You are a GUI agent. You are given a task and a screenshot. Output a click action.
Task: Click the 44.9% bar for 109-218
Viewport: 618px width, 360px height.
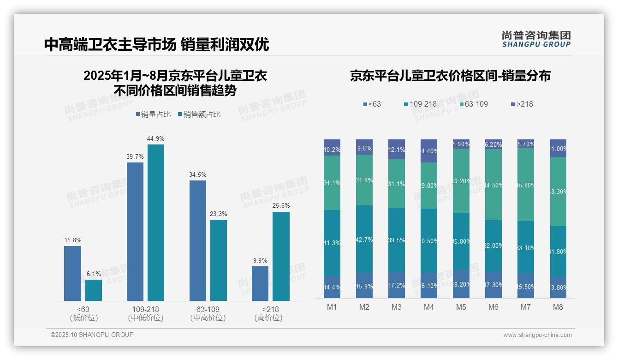pos(155,222)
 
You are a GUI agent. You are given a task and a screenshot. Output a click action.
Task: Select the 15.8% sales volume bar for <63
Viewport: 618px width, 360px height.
pos(72,273)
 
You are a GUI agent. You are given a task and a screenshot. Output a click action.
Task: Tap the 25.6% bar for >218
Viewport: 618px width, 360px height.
pos(281,256)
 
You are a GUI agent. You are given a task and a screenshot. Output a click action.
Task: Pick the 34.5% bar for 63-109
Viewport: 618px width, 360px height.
pos(198,240)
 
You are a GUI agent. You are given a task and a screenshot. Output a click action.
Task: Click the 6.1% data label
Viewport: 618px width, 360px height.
pos(94,274)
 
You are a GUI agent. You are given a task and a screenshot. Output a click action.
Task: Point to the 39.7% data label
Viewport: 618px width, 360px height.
pos(135,156)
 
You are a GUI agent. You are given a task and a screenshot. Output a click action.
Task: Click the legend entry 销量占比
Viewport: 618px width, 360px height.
pos(155,114)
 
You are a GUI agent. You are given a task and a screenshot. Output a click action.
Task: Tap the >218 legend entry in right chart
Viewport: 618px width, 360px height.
pos(521,104)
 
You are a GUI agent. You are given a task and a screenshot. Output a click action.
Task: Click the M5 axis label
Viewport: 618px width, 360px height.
pos(461,307)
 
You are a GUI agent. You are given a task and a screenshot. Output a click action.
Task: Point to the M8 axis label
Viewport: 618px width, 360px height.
pos(558,307)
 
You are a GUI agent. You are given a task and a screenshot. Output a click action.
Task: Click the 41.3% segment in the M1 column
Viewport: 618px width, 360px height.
pos(332,243)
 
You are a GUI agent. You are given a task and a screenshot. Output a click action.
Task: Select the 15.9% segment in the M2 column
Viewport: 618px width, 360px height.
pos(364,286)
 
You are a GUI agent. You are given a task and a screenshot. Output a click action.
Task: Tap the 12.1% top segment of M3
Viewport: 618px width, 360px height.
pos(397,149)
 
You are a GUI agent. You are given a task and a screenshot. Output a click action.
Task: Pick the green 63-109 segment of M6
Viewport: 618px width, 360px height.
pos(493,185)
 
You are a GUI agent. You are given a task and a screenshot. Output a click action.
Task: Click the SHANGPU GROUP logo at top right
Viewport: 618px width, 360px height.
pos(536,39)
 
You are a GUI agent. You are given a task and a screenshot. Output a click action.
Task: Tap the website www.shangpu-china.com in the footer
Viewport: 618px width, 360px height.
pos(537,335)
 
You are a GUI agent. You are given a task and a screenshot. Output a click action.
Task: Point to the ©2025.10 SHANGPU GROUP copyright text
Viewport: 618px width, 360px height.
pos(92,335)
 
